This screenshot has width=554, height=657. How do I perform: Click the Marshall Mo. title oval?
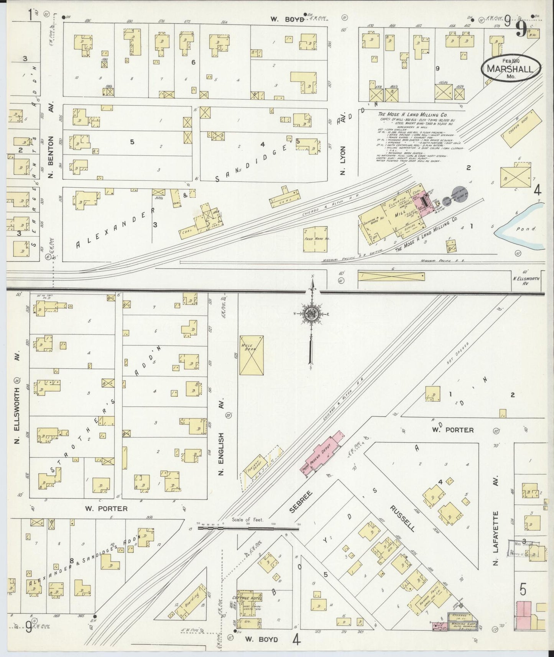coord(511,68)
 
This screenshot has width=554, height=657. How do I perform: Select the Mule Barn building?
coord(252,356)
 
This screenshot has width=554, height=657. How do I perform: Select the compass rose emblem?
coord(312,315)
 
